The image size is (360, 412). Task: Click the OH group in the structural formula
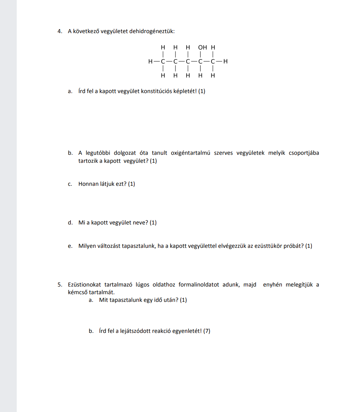point(202,47)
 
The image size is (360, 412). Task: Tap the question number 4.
point(60,31)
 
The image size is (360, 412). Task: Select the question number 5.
point(60,285)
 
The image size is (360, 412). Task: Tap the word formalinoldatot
point(199,285)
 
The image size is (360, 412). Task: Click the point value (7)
point(207,331)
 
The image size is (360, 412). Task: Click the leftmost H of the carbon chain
point(150,62)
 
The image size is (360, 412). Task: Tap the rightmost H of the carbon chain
point(225,62)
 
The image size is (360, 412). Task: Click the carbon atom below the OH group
point(200,62)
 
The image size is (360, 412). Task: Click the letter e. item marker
point(70,246)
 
